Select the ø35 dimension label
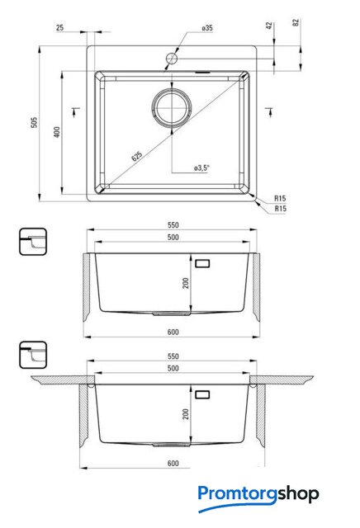pos(207,28)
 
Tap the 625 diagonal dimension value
pos(137,156)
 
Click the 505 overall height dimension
pos(34,122)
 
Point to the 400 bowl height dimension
pos(57,132)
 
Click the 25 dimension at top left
pos(60,27)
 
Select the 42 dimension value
pos(269,26)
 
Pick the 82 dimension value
pos(296,22)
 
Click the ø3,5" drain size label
pos(202,167)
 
